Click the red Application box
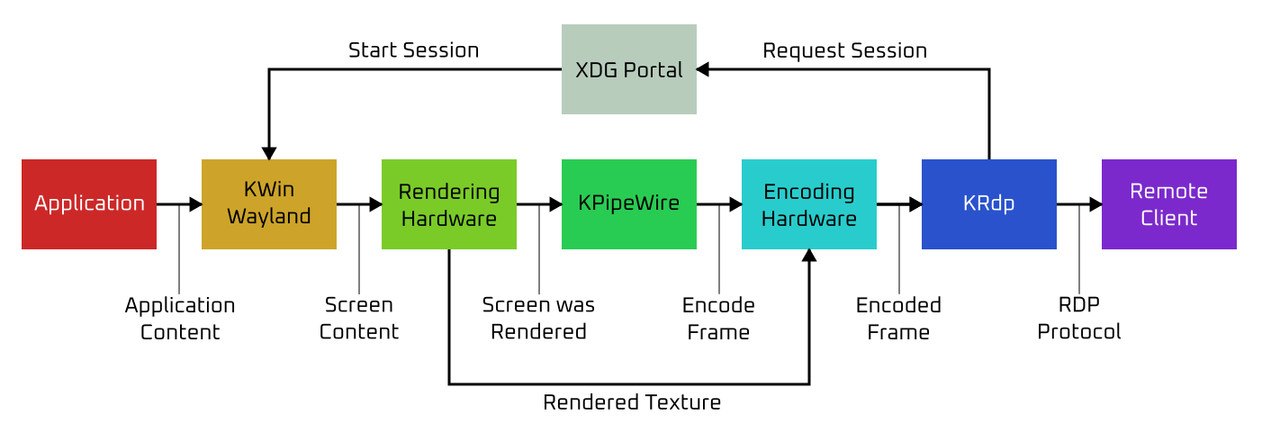[89, 204]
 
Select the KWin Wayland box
[269, 204]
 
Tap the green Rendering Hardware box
[449, 204]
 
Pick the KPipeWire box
[629, 204]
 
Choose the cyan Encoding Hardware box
[809, 204]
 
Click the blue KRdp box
[989, 204]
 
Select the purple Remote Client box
[1169, 204]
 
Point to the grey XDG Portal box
[629, 69]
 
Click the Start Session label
[413, 50]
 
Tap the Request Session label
[844, 50]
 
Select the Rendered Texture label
[632, 402]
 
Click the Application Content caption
[180, 319]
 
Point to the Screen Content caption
[359, 319]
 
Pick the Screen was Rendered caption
[538, 319]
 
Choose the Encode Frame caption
[718, 319]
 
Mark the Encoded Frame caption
[898, 319]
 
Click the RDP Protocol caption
[1079, 319]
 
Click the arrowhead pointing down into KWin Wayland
[269, 153]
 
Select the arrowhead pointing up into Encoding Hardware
[809, 256]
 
